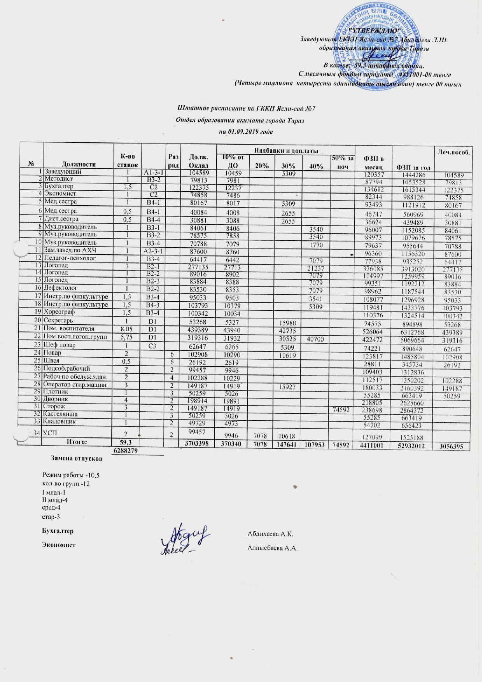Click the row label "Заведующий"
pyautogui.click(x=63, y=171)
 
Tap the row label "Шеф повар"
pyautogui.click(x=61, y=345)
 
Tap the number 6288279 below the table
pyautogui.click(x=125, y=450)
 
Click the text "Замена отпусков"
pyautogui.click(x=77, y=458)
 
